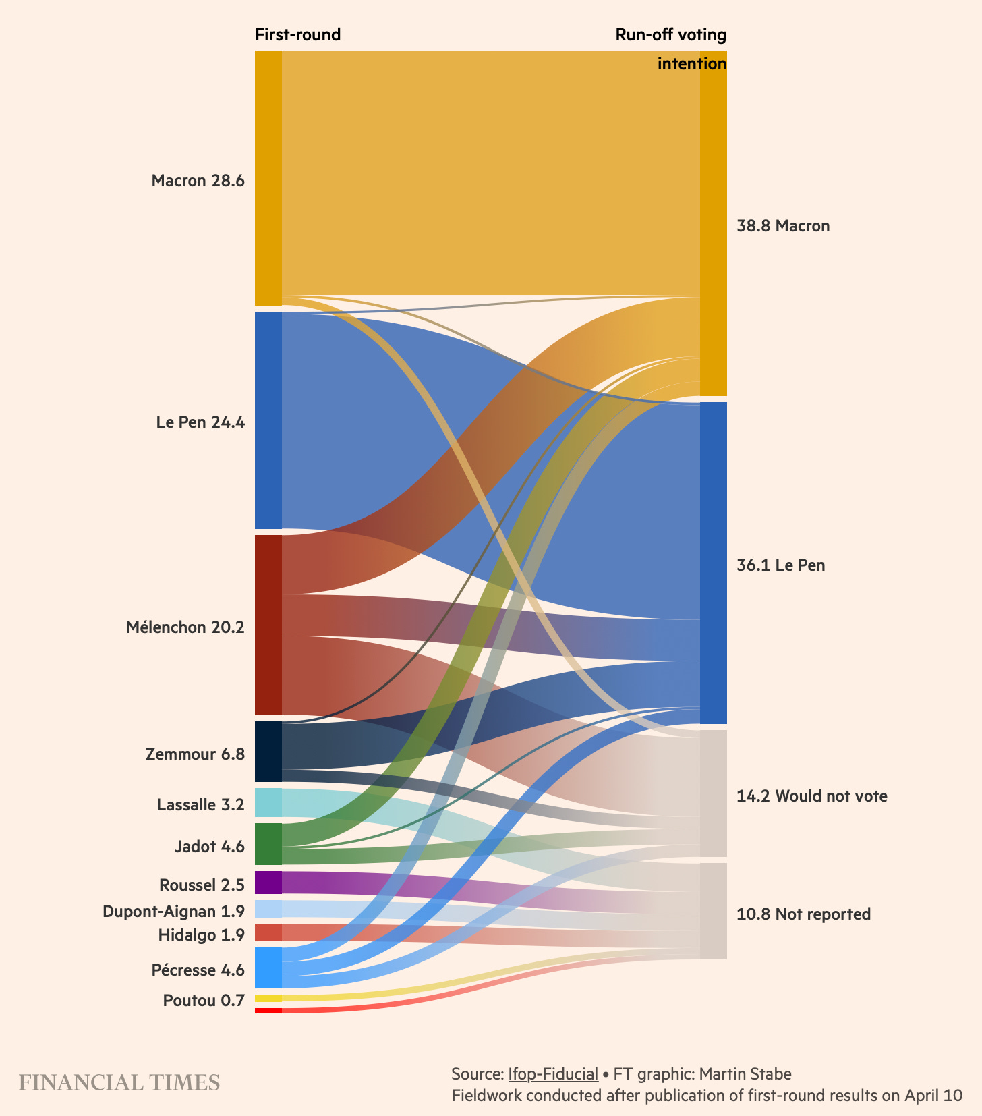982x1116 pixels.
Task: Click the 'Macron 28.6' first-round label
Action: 198,181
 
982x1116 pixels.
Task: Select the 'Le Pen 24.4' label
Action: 200,422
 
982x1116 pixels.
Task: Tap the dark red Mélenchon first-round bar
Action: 268,625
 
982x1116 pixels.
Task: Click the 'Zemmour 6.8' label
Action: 195,754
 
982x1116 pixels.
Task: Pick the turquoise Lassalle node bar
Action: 268,803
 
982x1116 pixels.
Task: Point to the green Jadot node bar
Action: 268,844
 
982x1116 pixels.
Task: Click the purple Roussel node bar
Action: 268,883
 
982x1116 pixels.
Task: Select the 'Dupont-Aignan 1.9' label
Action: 173,912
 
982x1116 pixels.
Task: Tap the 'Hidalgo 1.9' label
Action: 201,935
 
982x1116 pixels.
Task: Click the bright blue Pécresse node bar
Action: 268,968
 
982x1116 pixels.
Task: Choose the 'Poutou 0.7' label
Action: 204,1001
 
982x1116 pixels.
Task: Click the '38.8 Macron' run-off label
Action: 783,226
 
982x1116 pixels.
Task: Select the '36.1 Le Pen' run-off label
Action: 780,565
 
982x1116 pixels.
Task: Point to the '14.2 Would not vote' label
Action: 811,796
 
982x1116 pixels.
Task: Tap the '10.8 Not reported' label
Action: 803,914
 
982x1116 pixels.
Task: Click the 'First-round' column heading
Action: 297,34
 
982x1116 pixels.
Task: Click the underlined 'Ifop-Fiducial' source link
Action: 553,1073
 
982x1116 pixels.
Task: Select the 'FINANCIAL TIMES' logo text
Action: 119,1082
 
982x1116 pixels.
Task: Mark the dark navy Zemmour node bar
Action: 268,752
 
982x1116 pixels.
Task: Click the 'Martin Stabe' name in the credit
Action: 745,1073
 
